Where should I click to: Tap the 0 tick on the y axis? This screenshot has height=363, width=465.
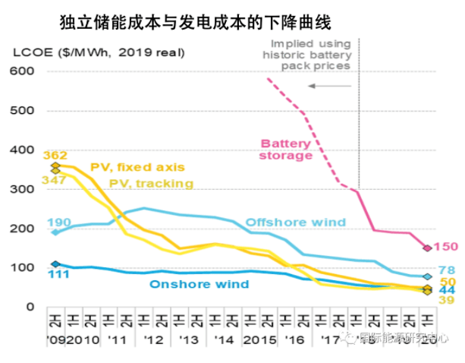pyautogui.click(x=32, y=307)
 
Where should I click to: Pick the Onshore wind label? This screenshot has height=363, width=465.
pyautogui.click(x=199, y=285)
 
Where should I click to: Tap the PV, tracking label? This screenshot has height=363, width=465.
pyautogui.click(x=152, y=183)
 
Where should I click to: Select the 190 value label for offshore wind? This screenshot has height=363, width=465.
pyautogui.click(x=58, y=223)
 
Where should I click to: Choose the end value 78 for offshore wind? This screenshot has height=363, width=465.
pyautogui.click(x=447, y=270)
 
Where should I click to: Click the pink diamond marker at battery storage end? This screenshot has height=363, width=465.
pyautogui.click(x=427, y=248)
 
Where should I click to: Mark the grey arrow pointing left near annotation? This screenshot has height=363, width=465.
pyautogui.click(x=330, y=86)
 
